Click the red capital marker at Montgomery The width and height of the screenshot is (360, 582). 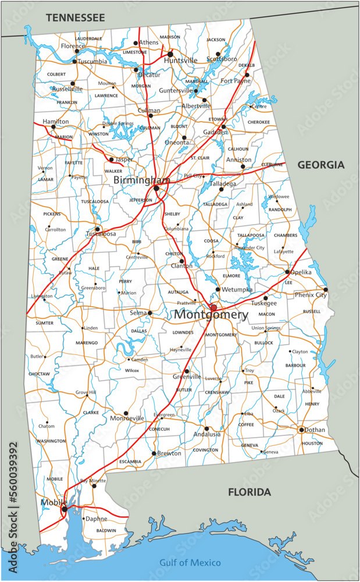tap(213, 307)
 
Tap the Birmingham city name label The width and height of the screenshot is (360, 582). tap(141, 180)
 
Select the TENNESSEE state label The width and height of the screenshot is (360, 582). tap(76, 18)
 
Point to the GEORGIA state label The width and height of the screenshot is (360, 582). tap(321, 165)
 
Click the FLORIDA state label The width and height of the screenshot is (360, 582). tap(249, 492)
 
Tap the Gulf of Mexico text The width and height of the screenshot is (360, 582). tap(190, 562)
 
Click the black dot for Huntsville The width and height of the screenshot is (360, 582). tap(170, 54)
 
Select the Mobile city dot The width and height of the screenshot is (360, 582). tap(65, 509)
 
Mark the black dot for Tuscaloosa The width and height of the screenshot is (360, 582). tap(98, 229)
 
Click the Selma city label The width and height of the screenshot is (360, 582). tap(138, 313)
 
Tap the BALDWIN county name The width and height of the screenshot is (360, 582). tap(106, 530)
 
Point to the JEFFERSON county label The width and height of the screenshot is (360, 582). tap(140, 200)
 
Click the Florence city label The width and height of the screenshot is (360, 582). tap(73, 45)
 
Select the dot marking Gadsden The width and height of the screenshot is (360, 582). tap(223, 126)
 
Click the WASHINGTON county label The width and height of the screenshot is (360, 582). tap(51, 441)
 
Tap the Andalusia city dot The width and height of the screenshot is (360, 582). tap(206, 428)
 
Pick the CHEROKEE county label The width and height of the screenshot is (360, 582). tap(259, 122)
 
